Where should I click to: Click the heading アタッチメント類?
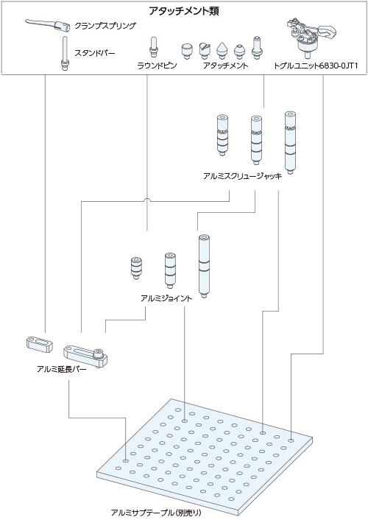coord(184,11)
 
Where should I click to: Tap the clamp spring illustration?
coord(48,25)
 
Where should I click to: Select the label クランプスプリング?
coord(105,26)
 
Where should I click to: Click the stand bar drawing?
coord(66,53)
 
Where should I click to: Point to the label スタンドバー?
coord(94,53)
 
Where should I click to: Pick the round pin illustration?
coord(154,47)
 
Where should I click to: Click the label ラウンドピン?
coord(158,66)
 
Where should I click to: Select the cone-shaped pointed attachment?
coord(221,51)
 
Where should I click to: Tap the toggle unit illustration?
coord(310,37)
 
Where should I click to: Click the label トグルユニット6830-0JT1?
coord(316,66)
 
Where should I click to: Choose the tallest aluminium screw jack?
coord(290,143)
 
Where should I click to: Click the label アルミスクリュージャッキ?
coord(243,176)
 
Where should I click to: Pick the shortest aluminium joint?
coord(135,267)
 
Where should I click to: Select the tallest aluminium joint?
coord(204,266)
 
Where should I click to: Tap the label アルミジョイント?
coord(166,298)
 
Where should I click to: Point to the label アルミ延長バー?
coord(62,370)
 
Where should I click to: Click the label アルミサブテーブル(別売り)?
coord(156,513)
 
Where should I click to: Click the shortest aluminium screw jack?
coord(222,135)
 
